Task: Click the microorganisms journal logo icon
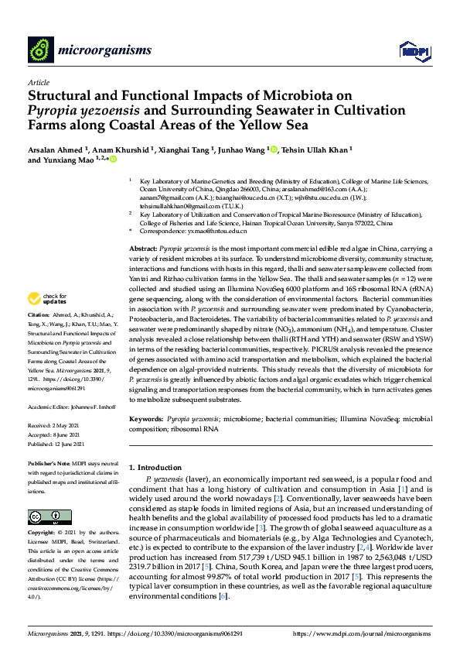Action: pos(39,50)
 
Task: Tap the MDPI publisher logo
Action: pos(414,51)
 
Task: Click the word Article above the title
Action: pos(38,82)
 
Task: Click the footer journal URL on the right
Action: pos(363,633)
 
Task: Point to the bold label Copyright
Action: pos(43,534)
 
